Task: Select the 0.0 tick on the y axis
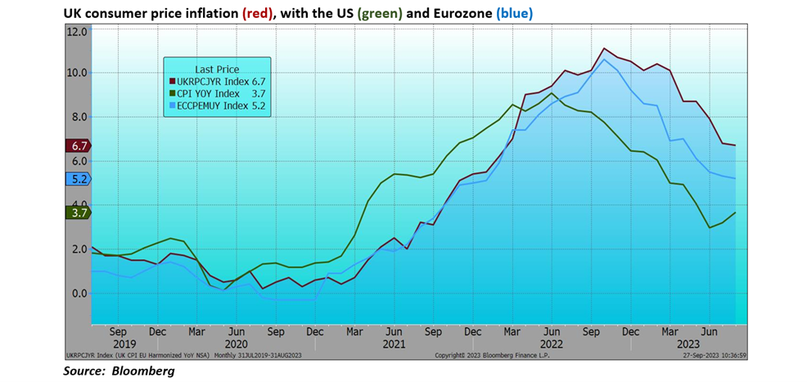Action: (79, 293)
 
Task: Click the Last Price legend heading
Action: (217, 69)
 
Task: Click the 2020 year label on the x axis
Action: (235, 344)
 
